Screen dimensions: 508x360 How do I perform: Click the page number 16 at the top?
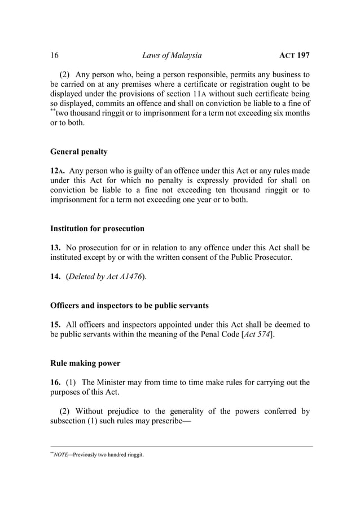[x=55, y=55]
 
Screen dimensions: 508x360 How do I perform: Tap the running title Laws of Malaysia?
[x=172, y=55]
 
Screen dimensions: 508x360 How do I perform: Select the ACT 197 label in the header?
[x=295, y=55]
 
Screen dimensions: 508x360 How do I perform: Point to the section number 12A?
[x=58, y=171]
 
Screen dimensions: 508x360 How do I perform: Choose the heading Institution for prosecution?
[x=97, y=228]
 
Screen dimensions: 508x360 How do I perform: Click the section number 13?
[x=56, y=248]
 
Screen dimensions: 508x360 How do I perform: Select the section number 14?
[x=56, y=277]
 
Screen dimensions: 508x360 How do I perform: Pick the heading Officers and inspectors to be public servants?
[x=129, y=306]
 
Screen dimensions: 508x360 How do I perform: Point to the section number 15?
[x=56, y=325]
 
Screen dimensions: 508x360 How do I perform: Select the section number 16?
[x=56, y=382]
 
